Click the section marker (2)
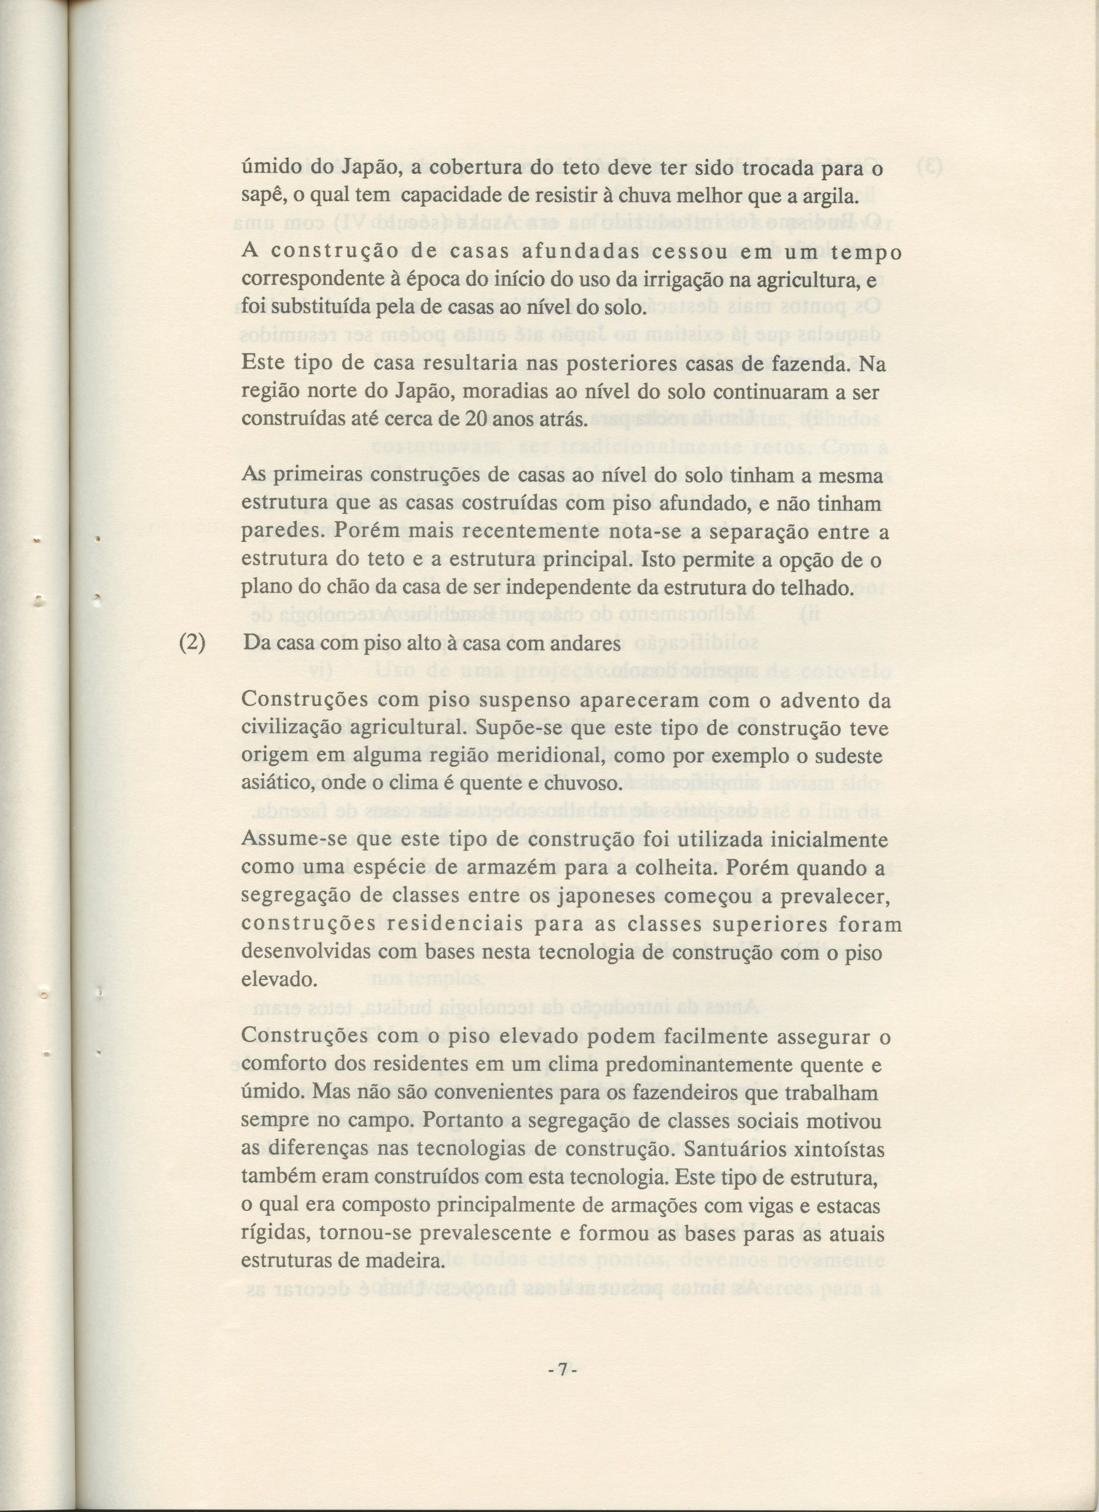pos(193,643)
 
